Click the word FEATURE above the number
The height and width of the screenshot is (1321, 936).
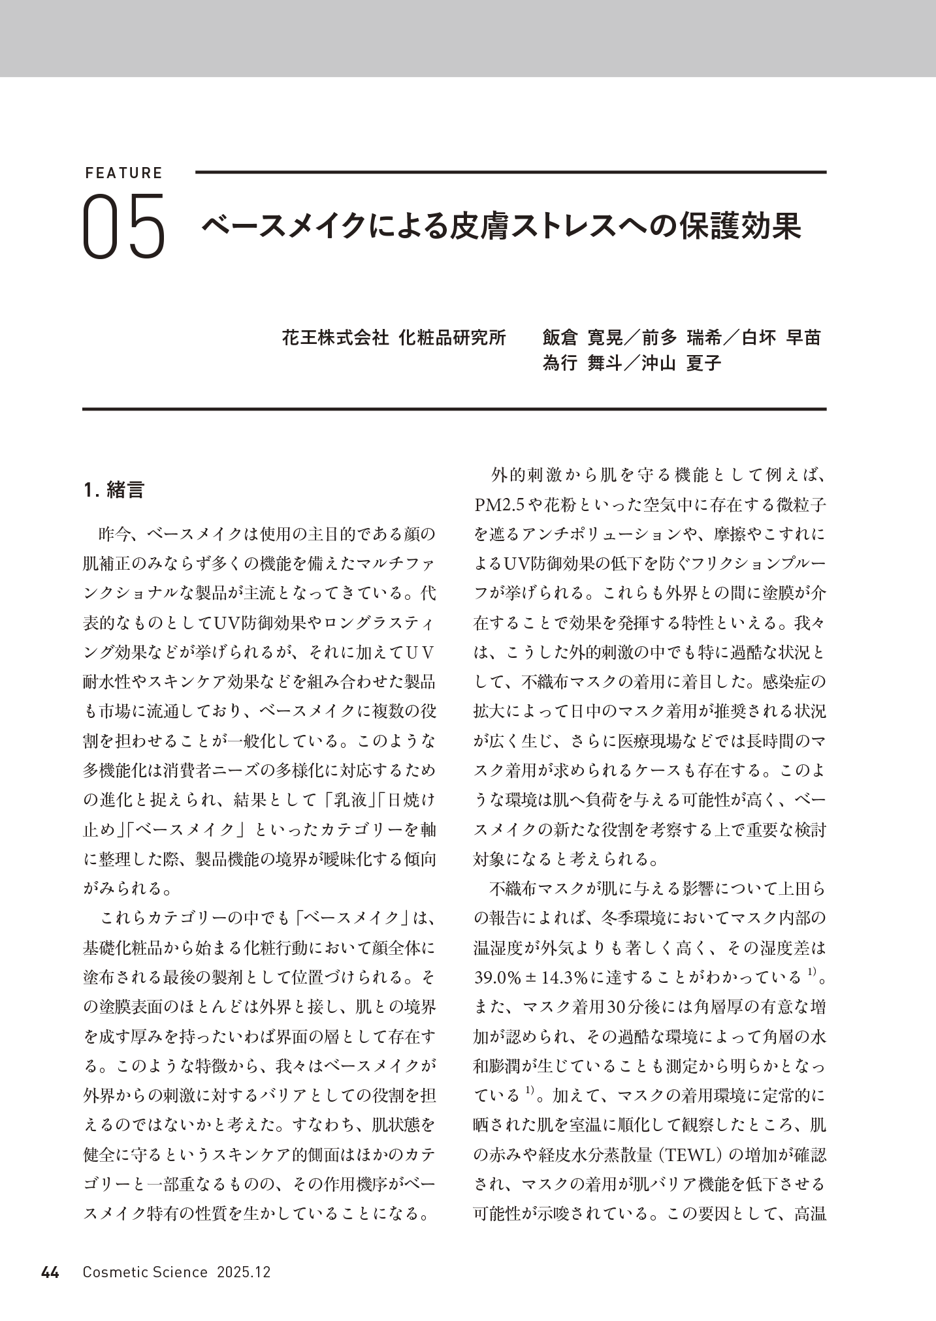(x=123, y=173)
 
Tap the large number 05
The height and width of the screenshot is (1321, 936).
(x=124, y=226)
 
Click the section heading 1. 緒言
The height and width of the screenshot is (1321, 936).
(x=114, y=490)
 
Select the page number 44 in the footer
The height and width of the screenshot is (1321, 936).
(x=50, y=1272)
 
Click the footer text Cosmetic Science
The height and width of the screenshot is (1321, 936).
(x=145, y=1272)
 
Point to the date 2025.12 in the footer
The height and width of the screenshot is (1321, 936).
(x=244, y=1272)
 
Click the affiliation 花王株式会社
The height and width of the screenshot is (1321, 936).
(x=335, y=337)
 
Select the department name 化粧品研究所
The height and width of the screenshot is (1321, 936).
(x=452, y=337)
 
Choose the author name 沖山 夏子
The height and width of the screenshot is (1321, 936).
(x=682, y=364)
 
